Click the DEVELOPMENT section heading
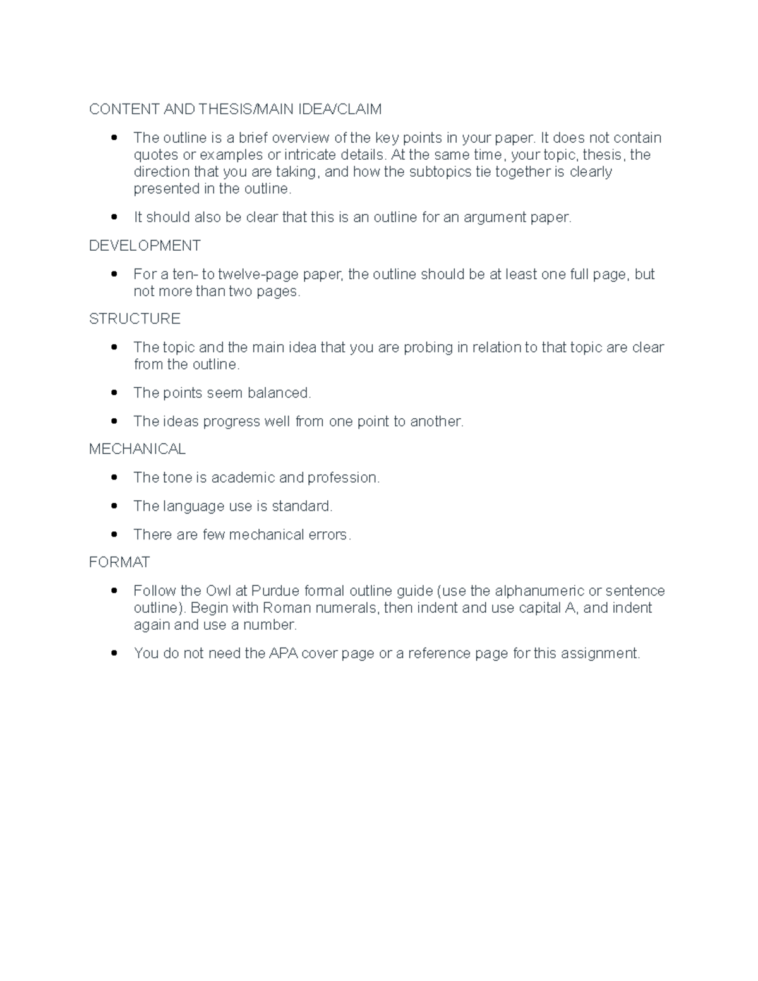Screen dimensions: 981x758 (x=145, y=246)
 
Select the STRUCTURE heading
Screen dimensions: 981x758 (x=135, y=319)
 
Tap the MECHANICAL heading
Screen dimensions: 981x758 (x=137, y=449)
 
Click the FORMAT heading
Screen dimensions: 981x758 (x=119, y=562)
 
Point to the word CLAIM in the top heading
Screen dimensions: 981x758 (x=359, y=109)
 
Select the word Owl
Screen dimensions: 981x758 (x=219, y=591)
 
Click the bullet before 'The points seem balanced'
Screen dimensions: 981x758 (x=114, y=393)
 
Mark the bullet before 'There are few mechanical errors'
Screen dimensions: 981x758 (x=114, y=534)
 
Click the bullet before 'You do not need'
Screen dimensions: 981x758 (x=114, y=654)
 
